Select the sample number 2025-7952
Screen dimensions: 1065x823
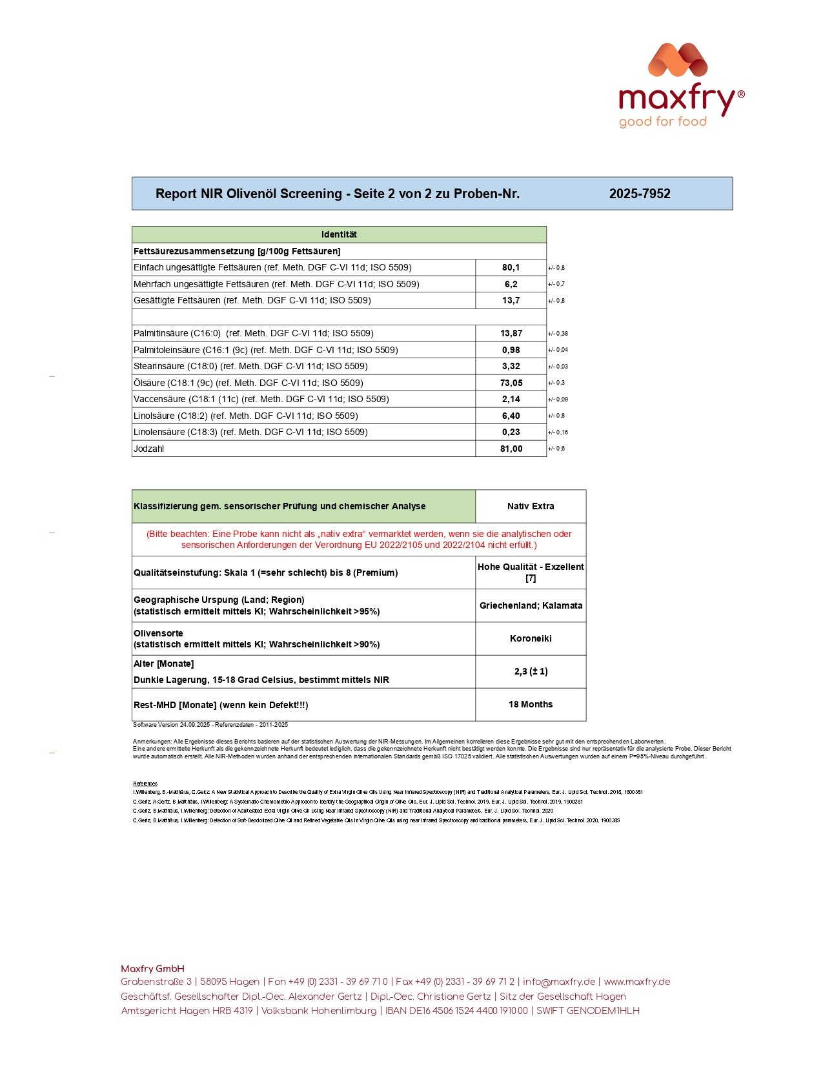(x=639, y=194)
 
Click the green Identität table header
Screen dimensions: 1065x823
(x=339, y=234)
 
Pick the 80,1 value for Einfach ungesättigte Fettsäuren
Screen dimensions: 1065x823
(x=511, y=267)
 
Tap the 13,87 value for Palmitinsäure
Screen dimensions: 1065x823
(x=511, y=333)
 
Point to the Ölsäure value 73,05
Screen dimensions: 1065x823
(x=511, y=383)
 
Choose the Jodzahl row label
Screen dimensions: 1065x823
(x=149, y=449)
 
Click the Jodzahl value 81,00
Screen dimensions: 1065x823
(x=511, y=449)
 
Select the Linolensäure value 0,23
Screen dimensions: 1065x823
(x=511, y=432)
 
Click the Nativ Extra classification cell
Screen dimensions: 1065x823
(x=531, y=506)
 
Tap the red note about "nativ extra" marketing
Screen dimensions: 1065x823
(x=359, y=539)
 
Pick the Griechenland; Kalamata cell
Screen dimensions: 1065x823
(x=531, y=605)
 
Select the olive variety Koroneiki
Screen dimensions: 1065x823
(x=531, y=638)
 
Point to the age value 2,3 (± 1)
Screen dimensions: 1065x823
(x=531, y=671)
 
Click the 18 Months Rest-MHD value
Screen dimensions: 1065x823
(x=531, y=704)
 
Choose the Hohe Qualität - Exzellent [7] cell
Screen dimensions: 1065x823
(x=531, y=573)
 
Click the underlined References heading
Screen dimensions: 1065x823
(x=145, y=784)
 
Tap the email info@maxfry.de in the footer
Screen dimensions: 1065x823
(x=559, y=982)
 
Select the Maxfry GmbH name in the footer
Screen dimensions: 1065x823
(x=152, y=968)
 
